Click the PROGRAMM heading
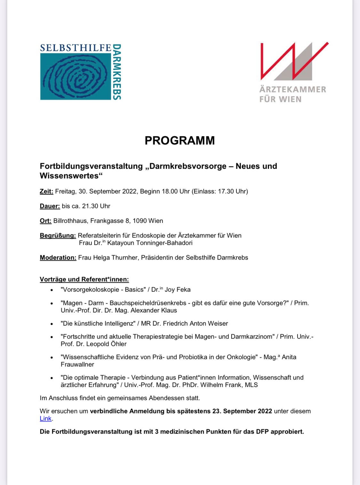(180, 140)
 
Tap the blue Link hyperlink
(45, 419)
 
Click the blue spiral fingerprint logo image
(76, 76)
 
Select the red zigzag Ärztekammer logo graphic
(294, 61)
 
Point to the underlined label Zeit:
(46, 192)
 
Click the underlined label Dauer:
(50, 206)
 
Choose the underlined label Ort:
(45, 221)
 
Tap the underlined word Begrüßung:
(58, 236)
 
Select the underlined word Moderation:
(58, 258)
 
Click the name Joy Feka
(178, 290)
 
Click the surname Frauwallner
(77, 365)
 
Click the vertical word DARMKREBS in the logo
(117, 72)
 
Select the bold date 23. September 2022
(242, 411)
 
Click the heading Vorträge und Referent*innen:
(84, 280)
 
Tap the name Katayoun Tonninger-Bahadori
(150, 243)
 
